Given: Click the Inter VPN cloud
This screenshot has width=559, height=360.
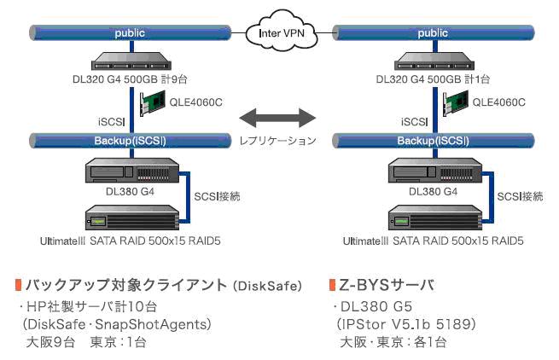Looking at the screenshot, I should pos(279,33).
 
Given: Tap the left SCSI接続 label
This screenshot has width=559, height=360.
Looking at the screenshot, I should pos(218,196).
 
